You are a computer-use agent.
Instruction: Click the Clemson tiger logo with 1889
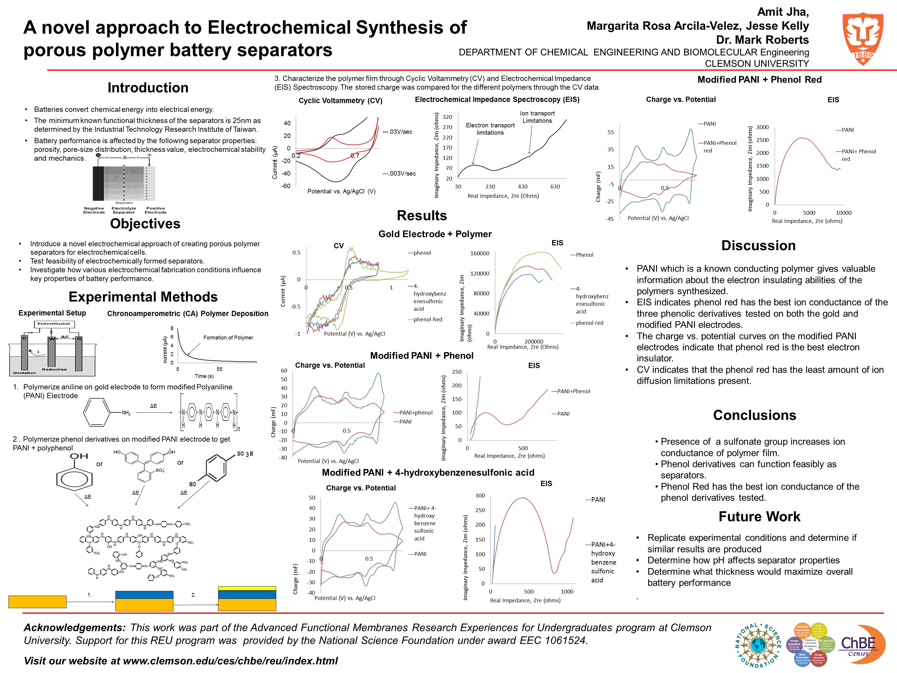click(863, 39)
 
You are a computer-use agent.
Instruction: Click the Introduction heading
click(148, 88)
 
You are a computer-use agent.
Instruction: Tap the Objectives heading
click(145, 223)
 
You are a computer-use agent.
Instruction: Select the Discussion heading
click(758, 245)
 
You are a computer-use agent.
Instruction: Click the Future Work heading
click(759, 516)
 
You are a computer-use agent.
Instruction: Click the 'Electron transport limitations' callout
click(490, 129)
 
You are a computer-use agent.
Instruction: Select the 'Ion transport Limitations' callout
click(537, 117)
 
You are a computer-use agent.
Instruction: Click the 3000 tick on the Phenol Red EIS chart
click(762, 127)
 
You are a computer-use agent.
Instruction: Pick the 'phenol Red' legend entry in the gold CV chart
click(427, 319)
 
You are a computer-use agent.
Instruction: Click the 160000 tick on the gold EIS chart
click(479, 254)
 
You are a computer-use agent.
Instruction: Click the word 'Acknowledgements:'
click(75, 627)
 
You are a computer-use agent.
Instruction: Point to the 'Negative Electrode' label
click(94, 210)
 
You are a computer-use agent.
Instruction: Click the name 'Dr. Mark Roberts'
click(762, 40)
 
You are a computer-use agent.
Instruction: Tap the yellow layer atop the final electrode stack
click(247, 588)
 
